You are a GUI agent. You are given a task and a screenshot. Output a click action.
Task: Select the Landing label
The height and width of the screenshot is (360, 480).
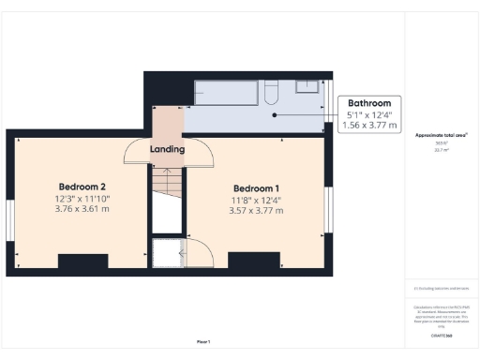[x=167, y=149]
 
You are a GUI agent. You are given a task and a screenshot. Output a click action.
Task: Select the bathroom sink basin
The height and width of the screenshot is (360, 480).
[x=307, y=86]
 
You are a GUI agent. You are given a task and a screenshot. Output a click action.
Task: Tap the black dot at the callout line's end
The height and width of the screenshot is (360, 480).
[x=275, y=115]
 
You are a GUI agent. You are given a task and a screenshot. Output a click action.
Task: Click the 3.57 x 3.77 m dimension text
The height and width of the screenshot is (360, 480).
[x=257, y=210]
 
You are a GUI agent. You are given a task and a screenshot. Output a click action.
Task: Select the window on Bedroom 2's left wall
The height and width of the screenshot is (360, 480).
[x=10, y=226]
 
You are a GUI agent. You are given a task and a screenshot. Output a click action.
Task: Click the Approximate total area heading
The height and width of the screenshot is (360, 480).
[x=442, y=135]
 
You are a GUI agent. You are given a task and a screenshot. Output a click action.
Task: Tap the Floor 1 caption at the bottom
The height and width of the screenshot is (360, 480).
[x=203, y=341]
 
